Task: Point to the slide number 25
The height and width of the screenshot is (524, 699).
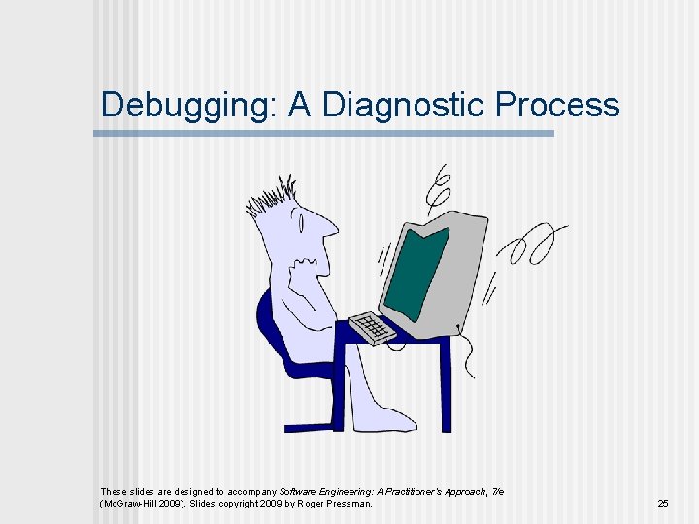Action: [663, 503]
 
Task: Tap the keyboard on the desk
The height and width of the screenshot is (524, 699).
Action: [372, 327]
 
